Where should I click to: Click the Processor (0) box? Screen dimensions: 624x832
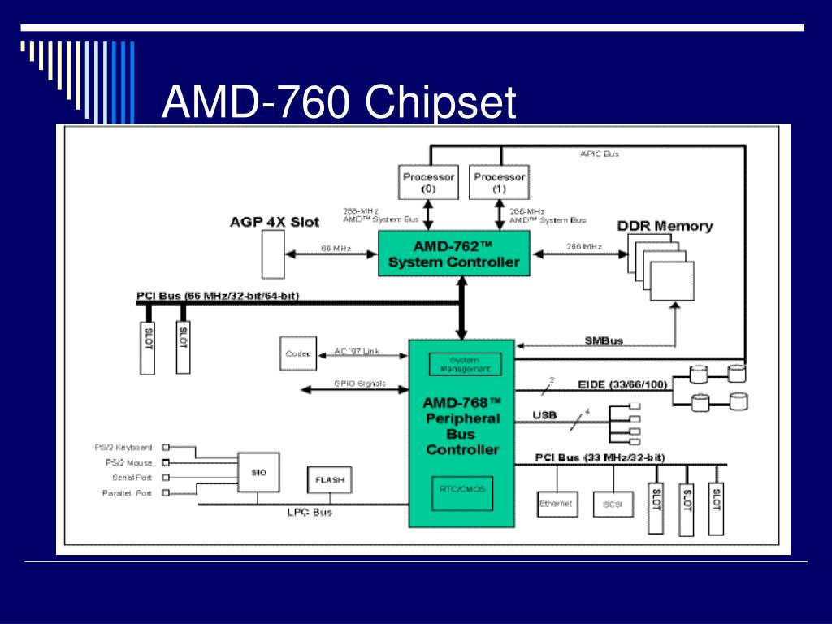coord(428,182)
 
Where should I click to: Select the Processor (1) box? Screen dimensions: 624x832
coord(499,182)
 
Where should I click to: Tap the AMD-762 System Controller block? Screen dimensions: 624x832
coord(453,253)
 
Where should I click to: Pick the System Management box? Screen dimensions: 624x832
coord(465,364)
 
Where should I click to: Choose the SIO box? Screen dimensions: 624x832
coord(258,472)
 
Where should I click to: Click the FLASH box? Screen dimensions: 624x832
coord(329,479)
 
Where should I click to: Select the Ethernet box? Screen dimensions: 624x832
coord(556,504)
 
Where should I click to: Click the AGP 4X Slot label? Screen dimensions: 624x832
coord(275,222)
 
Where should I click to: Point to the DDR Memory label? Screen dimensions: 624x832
coord(665,226)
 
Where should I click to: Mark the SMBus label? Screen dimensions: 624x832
coord(604,340)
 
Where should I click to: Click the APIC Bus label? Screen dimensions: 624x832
coord(600,154)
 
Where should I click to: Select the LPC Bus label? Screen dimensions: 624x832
coord(310,513)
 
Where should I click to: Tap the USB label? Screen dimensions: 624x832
coord(544,415)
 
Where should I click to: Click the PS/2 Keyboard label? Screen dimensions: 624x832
coord(123,448)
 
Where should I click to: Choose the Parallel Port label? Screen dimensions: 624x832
coord(127,493)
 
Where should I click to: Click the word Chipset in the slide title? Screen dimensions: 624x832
coord(440,103)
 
